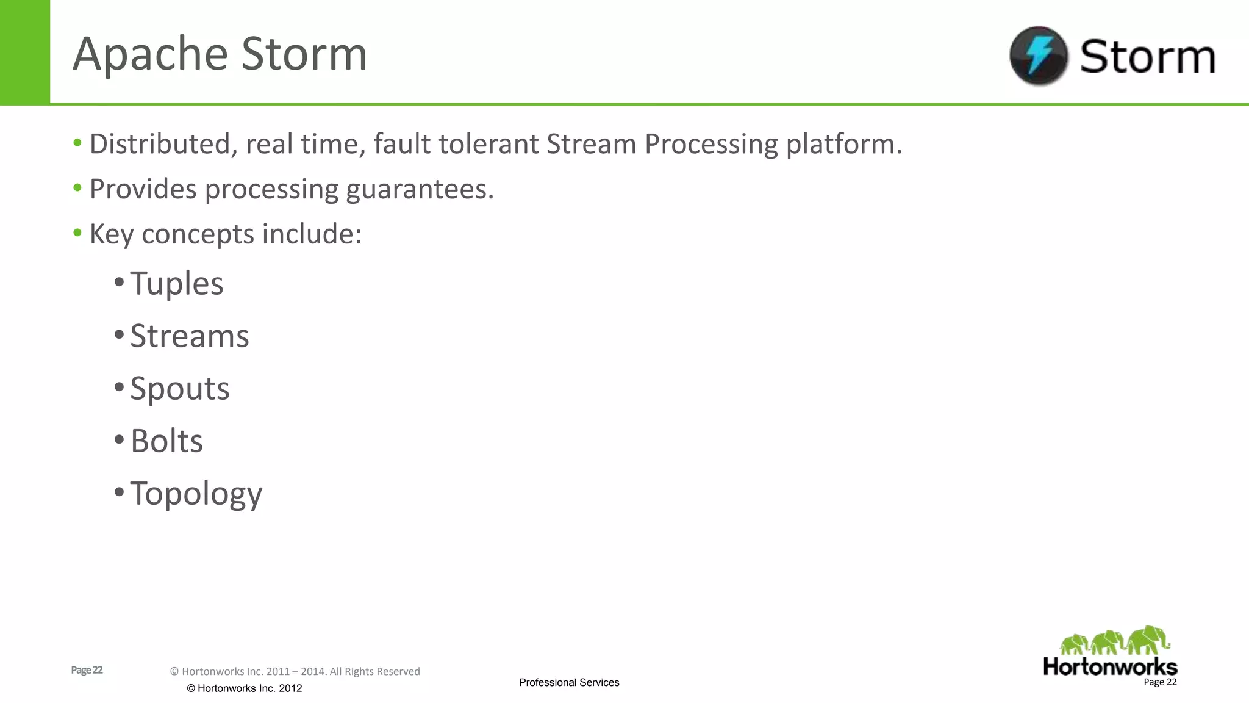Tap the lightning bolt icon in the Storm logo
pyautogui.click(x=1039, y=55)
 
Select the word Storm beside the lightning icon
pyautogui.click(x=1147, y=57)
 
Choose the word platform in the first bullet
pyautogui.click(x=843, y=145)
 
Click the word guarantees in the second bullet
pyautogui.click(x=420, y=190)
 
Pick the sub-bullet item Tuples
pyautogui.click(x=177, y=284)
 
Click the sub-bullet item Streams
pyautogui.click(x=190, y=336)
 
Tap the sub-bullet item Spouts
pyautogui.click(x=180, y=389)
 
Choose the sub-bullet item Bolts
pyautogui.click(x=166, y=441)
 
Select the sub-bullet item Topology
pyautogui.click(x=196, y=494)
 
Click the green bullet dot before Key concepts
pyautogui.click(x=77, y=233)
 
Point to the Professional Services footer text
pyautogui.click(x=569, y=682)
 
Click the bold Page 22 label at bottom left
pyautogui.click(x=87, y=670)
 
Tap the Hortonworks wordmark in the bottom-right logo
pyautogui.click(x=1110, y=666)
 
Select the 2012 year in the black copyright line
pyautogui.click(x=290, y=688)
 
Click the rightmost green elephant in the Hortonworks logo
pyautogui.click(x=1148, y=640)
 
